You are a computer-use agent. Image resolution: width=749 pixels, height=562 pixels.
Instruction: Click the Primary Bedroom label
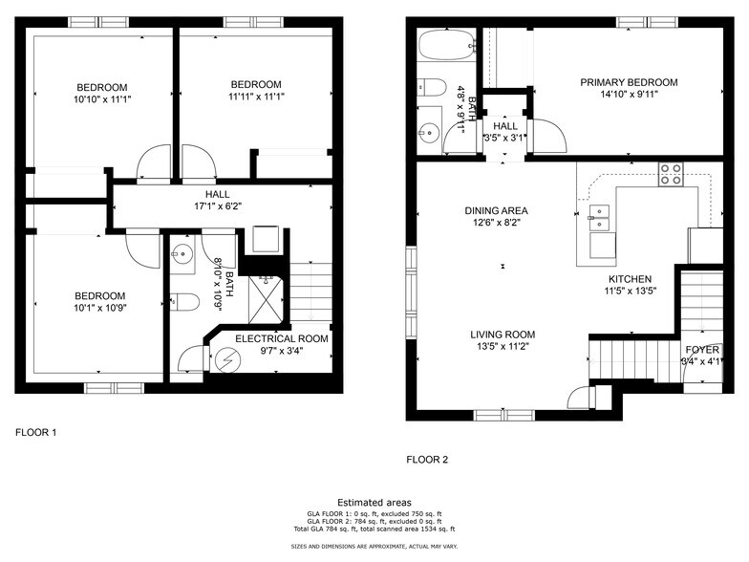pyautogui.click(x=629, y=82)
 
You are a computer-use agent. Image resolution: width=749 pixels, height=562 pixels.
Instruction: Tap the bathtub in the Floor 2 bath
pyautogui.click(x=447, y=44)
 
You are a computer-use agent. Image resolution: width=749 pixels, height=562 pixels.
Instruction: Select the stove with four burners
pyautogui.click(x=671, y=174)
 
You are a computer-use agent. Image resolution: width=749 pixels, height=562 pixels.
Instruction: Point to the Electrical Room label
pyautogui.click(x=282, y=338)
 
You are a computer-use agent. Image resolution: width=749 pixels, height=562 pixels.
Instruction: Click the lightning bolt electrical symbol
pyautogui.click(x=225, y=359)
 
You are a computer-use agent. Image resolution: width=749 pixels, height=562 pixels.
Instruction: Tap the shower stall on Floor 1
pyautogui.click(x=266, y=300)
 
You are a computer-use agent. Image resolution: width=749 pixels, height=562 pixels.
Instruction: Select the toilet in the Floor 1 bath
pyautogui.click(x=184, y=302)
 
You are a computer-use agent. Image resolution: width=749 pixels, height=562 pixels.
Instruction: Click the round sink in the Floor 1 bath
pyautogui.click(x=182, y=254)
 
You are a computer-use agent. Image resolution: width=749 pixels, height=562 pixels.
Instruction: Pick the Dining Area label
pyautogui.click(x=496, y=210)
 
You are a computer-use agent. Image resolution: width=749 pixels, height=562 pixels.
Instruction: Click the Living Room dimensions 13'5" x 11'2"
pyautogui.click(x=503, y=346)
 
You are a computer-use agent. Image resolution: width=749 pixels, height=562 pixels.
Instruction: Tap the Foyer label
pyautogui.click(x=702, y=350)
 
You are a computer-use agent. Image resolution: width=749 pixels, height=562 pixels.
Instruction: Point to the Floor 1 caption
pyautogui.click(x=36, y=432)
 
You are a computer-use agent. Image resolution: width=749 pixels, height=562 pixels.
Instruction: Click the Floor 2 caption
pyautogui.click(x=427, y=460)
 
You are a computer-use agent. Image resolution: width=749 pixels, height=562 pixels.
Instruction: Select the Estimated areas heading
pyautogui.click(x=374, y=503)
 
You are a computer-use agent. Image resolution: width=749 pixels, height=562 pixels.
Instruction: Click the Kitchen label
pyautogui.click(x=631, y=279)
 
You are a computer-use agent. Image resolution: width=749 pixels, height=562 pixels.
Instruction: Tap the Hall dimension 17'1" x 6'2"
pyautogui.click(x=218, y=206)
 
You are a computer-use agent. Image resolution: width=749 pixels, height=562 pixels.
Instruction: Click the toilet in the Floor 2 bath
pyautogui.click(x=432, y=87)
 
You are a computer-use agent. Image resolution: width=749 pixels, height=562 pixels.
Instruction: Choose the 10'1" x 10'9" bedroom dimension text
pyautogui.click(x=99, y=308)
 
